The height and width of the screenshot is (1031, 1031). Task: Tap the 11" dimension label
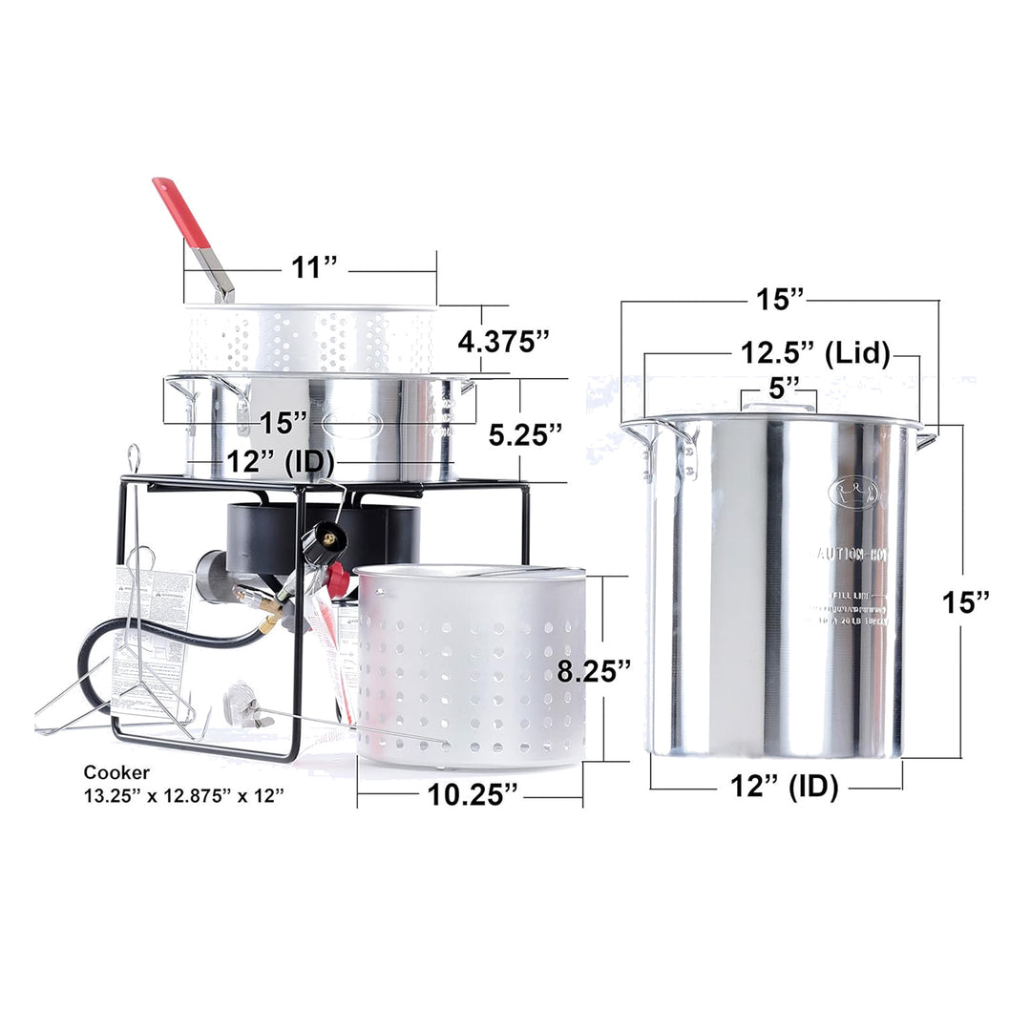click(309, 267)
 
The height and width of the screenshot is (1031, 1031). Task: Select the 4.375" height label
click(503, 341)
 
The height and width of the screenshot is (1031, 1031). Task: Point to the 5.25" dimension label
click(525, 434)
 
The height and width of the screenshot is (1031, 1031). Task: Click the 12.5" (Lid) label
click(815, 354)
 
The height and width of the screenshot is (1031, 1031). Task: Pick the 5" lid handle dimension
click(778, 386)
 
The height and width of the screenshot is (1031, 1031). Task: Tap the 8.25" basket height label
click(595, 670)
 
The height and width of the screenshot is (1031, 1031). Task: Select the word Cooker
click(116, 773)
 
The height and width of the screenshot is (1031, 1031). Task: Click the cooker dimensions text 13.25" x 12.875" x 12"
click(184, 795)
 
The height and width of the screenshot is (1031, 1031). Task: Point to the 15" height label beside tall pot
click(965, 602)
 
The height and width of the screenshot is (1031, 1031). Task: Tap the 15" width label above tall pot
click(780, 299)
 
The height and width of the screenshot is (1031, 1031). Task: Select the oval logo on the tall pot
click(855, 493)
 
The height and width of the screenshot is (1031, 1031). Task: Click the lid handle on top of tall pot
click(778, 408)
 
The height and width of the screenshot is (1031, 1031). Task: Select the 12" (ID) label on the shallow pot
click(280, 463)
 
